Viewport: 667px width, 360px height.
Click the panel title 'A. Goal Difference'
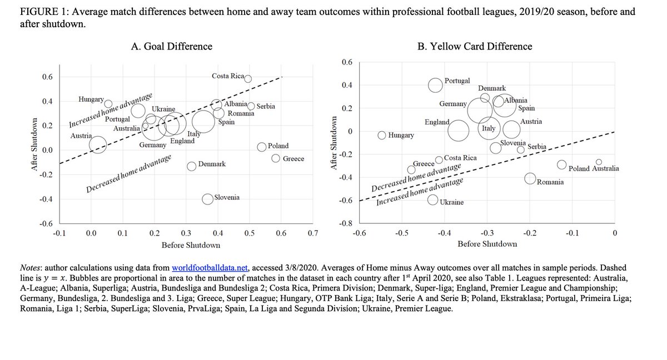point(171,47)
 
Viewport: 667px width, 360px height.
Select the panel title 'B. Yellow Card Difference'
point(475,47)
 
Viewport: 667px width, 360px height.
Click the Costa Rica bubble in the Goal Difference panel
point(248,79)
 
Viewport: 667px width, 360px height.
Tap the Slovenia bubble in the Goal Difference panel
point(207,199)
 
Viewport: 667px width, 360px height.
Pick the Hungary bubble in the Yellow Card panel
point(382,135)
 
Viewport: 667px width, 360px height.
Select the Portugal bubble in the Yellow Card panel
point(436,84)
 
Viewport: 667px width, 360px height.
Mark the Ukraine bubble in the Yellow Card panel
point(433,200)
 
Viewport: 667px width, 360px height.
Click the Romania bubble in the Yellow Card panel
point(530,178)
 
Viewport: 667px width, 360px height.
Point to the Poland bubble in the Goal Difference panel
point(262,147)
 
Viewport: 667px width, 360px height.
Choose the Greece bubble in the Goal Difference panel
point(275,158)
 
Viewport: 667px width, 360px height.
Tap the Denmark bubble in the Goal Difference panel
point(191,166)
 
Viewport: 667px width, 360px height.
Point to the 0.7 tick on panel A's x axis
point(312,234)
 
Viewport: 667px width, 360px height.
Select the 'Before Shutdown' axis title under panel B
point(487,244)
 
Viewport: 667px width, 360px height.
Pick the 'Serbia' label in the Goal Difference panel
point(266,106)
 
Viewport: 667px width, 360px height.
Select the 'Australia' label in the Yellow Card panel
point(601,168)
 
